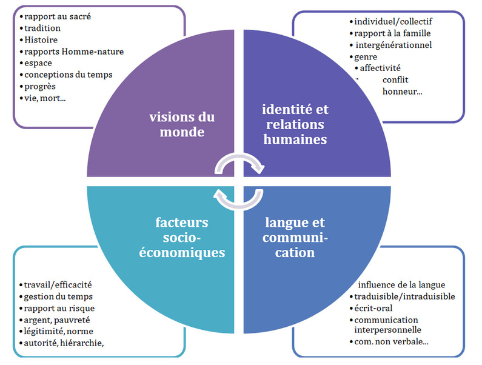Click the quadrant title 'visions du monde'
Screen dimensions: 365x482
click(x=182, y=124)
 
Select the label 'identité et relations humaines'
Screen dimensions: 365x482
click(x=295, y=124)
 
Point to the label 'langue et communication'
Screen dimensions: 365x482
click(x=295, y=238)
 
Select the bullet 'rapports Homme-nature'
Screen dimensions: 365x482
click(x=74, y=52)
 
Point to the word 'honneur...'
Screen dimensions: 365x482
click(x=403, y=91)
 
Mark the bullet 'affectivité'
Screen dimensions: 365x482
click(x=380, y=68)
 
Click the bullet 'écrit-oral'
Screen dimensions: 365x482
click(x=372, y=308)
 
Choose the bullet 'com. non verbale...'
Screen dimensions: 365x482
click(x=392, y=342)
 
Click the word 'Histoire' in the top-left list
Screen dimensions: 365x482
click(x=41, y=39)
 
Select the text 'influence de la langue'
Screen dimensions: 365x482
click(x=401, y=285)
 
